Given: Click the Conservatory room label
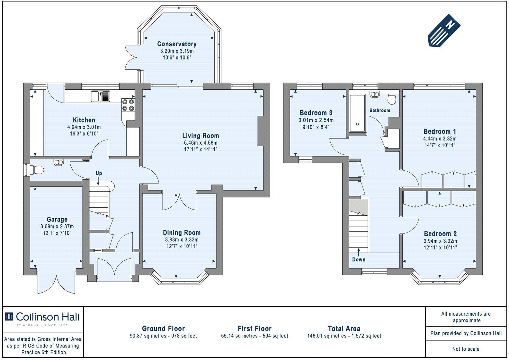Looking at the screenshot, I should [177, 44].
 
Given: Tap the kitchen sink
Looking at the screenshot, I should [100, 96].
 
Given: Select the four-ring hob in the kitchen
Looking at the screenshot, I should [128, 105].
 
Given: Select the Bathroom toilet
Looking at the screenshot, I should [392, 99].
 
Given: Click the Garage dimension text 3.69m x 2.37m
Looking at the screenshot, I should [57, 226].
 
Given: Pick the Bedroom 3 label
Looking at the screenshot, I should [316, 113].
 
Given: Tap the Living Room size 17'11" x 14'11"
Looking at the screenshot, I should [201, 149].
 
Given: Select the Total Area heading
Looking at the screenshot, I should [344, 328].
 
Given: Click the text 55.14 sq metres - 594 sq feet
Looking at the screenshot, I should [254, 336].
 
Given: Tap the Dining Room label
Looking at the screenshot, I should [182, 233].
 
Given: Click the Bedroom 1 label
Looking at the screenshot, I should [440, 131].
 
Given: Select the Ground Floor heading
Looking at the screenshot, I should [163, 328].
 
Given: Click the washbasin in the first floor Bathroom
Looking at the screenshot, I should [375, 94].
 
